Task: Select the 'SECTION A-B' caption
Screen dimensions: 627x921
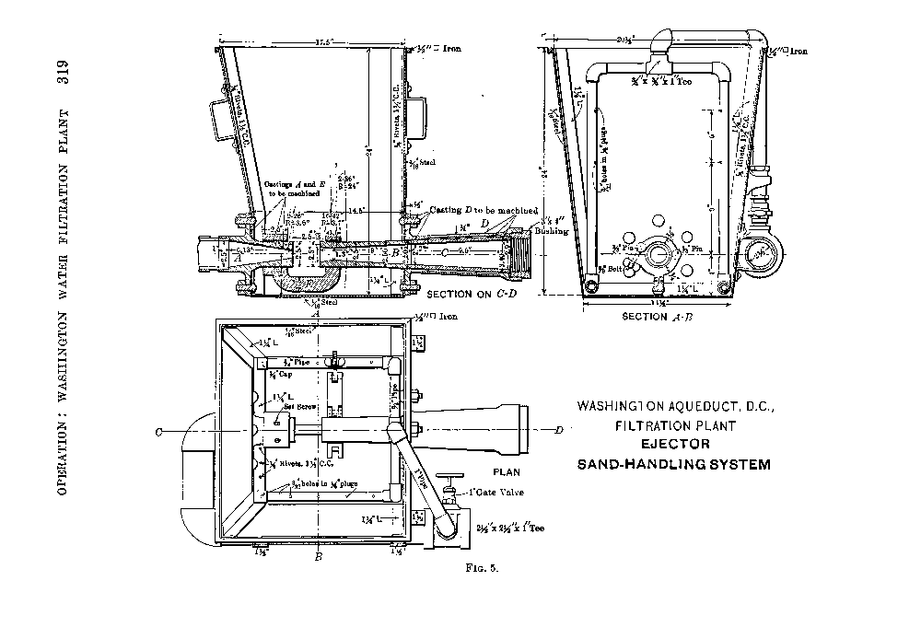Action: pos(656,317)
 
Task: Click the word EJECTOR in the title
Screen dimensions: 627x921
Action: pos(673,445)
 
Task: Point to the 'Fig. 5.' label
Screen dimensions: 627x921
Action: pos(483,568)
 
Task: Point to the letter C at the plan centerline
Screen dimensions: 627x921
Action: pos(159,429)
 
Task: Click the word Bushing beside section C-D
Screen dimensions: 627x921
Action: pos(558,230)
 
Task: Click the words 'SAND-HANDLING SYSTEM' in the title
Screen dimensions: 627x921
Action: pos(673,464)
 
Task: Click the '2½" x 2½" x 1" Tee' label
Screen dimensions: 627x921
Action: pos(511,528)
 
